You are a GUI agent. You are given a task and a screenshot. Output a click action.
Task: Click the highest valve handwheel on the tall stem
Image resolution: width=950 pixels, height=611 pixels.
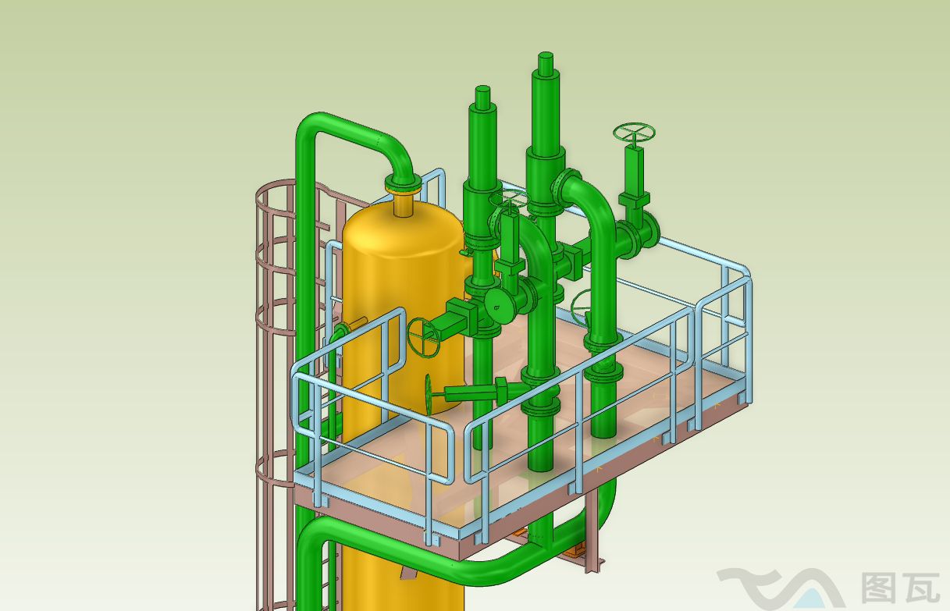click(634, 133)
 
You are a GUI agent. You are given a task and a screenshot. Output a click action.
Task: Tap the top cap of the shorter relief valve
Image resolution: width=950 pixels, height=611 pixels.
click(483, 97)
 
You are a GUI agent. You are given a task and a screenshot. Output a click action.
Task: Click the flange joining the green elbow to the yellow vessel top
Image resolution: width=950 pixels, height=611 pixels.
click(404, 186)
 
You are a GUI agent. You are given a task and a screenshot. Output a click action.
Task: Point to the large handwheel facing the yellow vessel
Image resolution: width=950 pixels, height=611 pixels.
click(424, 337)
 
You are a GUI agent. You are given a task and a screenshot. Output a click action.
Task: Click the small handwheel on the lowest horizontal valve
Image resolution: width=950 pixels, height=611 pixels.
click(429, 393)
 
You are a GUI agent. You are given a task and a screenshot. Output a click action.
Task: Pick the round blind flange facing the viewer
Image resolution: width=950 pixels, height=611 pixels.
click(499, 304)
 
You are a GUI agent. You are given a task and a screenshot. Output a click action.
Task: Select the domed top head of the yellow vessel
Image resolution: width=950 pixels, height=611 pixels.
click(400, 226)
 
